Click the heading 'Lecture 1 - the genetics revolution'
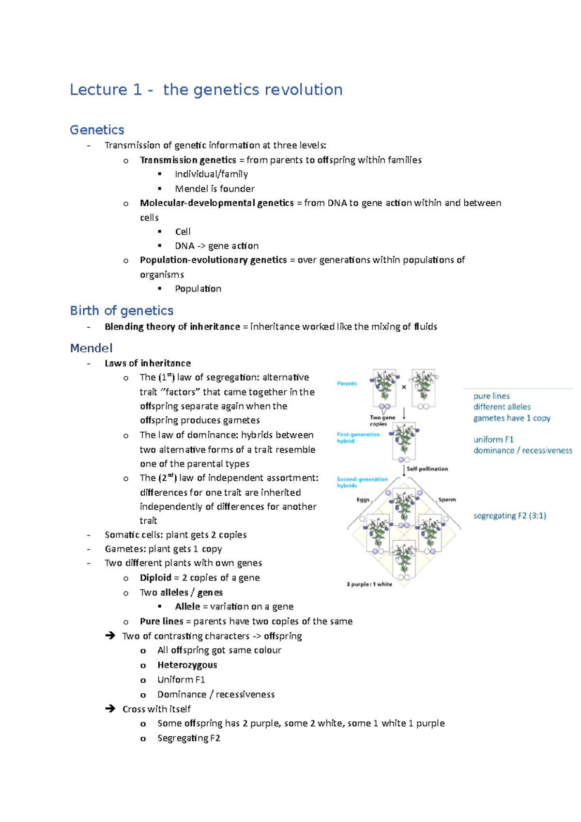coord(206,90)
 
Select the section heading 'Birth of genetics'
coord(122,311)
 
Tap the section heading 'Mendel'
coord(91,348)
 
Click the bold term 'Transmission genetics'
coord(188,160)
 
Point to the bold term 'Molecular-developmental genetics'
coord(217,203)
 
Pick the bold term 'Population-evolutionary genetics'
coord(213,260)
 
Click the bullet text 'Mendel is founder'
coord(214,189)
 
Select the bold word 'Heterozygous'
coord(187,665)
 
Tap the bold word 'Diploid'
coord(155,578)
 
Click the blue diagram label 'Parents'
coord(347,383)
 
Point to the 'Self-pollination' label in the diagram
coord(427,469)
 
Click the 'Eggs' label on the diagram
coord(363,500)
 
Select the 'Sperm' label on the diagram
coord(447,500)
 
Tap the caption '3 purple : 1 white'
coord(369,584)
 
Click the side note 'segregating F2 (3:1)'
coord(509,516)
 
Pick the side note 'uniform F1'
coord(493,440)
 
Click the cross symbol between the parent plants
coord(404,387)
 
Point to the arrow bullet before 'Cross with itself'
coord(110,709)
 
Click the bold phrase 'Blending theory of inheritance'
coord(172,327)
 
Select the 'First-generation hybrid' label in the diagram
coord(358,438)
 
